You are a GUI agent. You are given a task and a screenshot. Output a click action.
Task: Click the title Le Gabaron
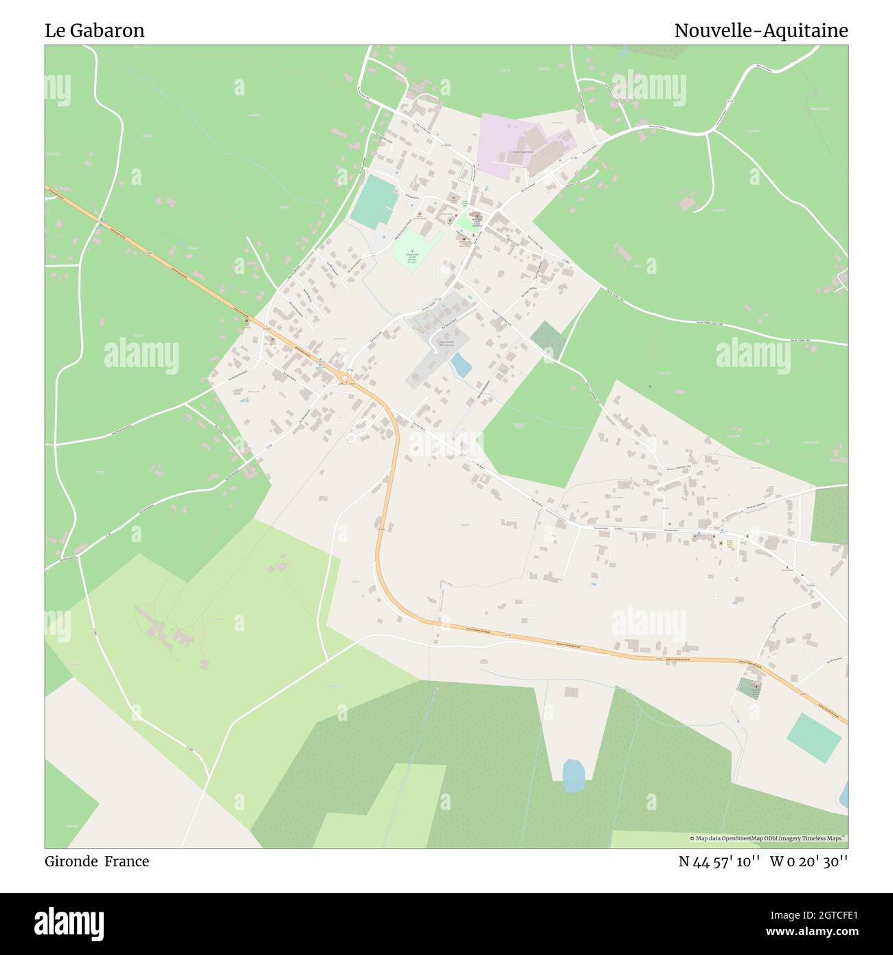click(x=95, y=31)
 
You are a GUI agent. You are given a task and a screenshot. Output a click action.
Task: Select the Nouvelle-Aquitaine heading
click(x=760, y=31)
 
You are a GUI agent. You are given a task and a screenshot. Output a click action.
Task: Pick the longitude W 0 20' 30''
click(x=809, y=862)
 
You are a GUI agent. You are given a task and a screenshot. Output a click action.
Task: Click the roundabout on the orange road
click(x=343, y=377)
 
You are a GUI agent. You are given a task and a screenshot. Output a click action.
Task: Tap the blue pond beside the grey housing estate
click(x=461, y=365)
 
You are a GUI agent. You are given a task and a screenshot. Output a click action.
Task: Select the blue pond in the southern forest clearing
click(x=573, y=774)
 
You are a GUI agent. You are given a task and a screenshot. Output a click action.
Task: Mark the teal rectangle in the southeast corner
click(x=814, y=738)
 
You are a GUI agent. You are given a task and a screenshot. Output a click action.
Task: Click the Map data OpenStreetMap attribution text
click(x=768, y=839)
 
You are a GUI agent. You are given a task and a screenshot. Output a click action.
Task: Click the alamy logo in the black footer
click(x=69, y=923)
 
